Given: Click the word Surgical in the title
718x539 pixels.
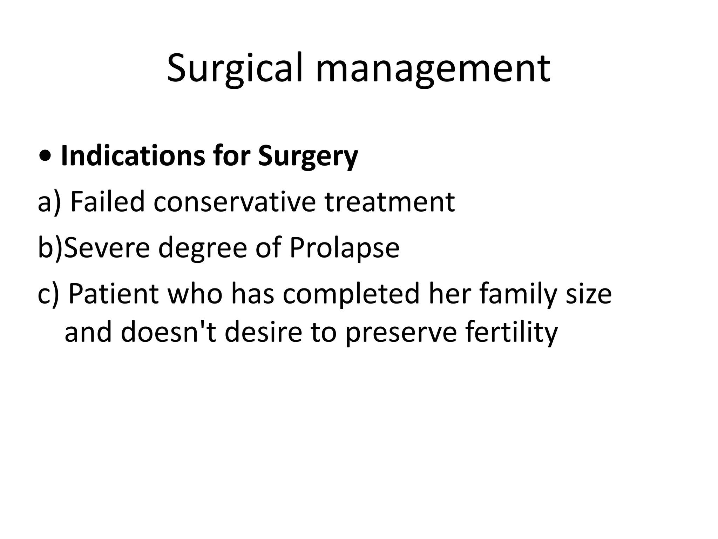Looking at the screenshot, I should tap(234, 68).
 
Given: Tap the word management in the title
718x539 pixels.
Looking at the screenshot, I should tap(433, 68).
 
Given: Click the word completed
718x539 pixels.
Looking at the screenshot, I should tap(351, 294).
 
